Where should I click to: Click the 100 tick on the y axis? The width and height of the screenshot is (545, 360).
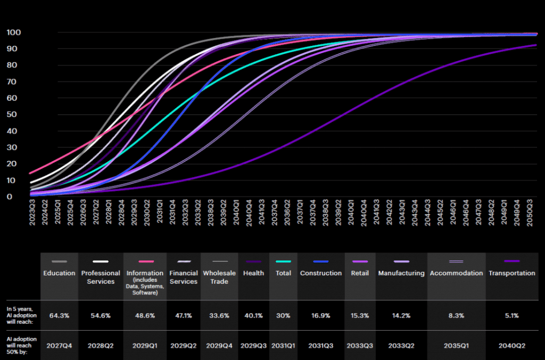coord(13,32)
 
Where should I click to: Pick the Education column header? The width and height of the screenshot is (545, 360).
coord(59,273)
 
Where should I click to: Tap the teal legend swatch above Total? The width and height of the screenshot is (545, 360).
coord(283,261)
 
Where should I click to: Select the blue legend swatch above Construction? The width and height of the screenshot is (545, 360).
coord(320,261)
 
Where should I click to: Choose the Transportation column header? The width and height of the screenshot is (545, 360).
coord(511,273)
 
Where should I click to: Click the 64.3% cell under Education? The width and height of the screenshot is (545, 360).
coord(59,315)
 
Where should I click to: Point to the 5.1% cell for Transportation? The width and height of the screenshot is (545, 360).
coord(511,315)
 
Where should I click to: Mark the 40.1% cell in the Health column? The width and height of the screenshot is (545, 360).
coord(254,315)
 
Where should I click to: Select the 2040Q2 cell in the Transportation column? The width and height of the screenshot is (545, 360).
coord(511,345)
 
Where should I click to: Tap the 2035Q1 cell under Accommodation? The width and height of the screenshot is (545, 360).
coord(456,345)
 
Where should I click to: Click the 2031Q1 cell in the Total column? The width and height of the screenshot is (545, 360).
coord(283,345)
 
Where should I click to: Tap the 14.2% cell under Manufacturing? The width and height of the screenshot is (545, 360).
coord(401,315)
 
